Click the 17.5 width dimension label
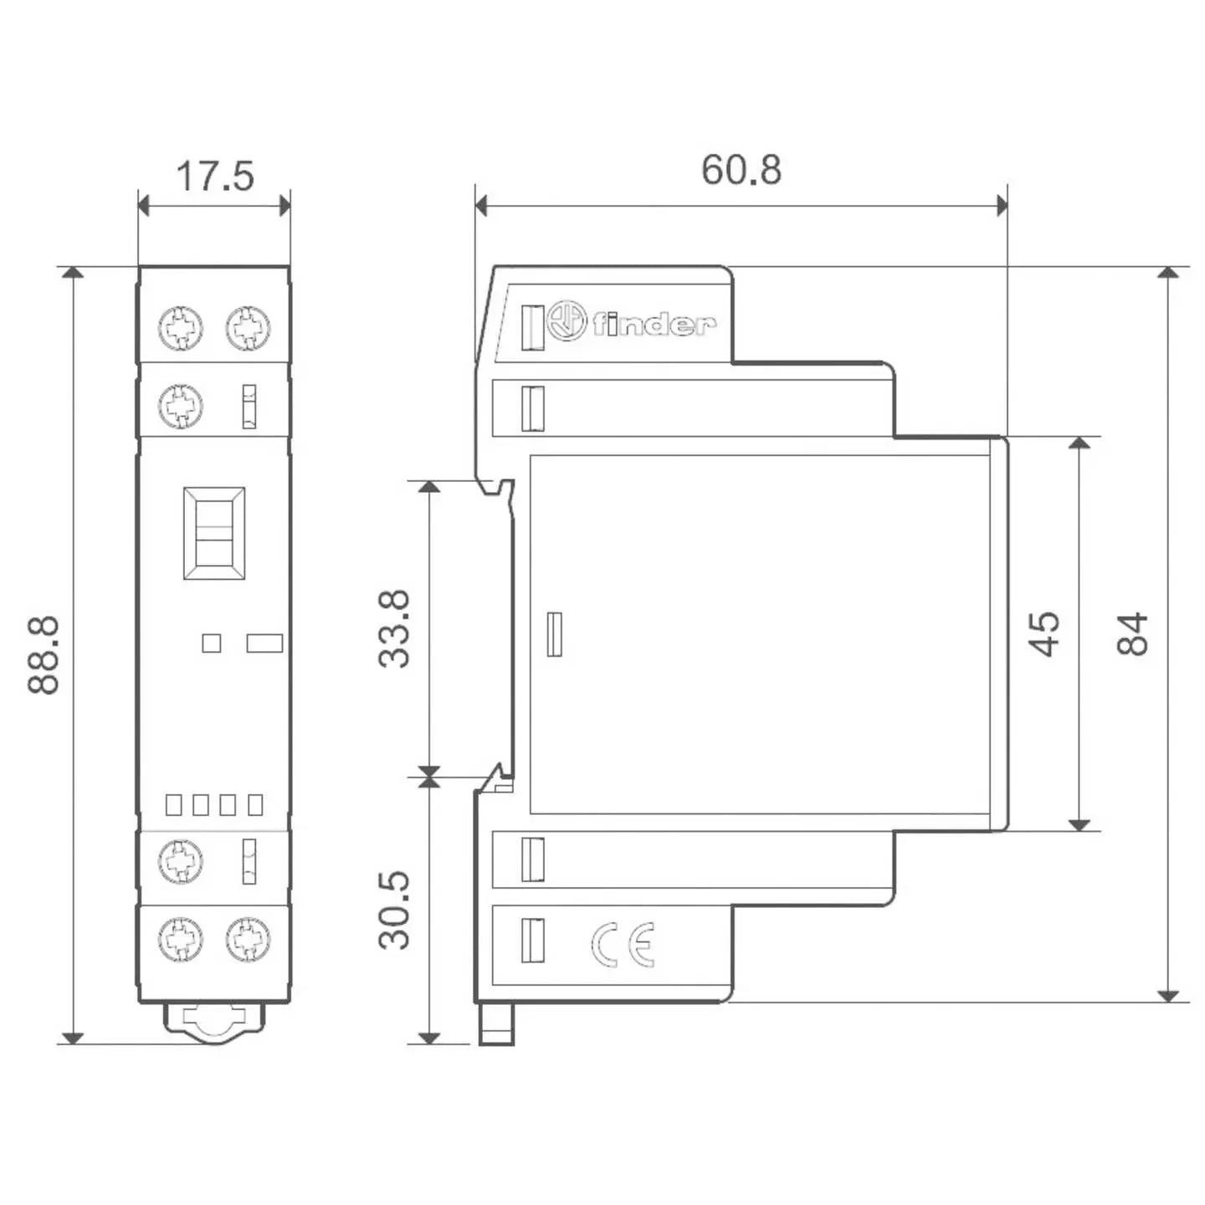pos(214,177)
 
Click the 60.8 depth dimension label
pos(741,170)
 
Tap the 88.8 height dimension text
pos(44,654)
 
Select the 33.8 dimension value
pos(394,628)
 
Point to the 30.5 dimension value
pos(394,910)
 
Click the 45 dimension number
pos(1043,633)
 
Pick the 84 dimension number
pos(1132,633)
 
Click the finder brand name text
pos(654,324)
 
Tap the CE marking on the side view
pos(623,945)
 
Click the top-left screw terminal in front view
pos(181,328)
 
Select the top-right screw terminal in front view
pos(248,328)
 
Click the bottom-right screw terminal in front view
pos(248,939)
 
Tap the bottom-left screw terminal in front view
pos(181,939)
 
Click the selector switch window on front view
pos(214,533)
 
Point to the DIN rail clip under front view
pos(214,1023)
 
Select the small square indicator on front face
pos(212,643)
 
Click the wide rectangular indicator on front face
pos(264,643)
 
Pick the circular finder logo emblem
pos(567,321)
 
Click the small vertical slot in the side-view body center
pos(554,633)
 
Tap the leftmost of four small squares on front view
pos(174,804)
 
